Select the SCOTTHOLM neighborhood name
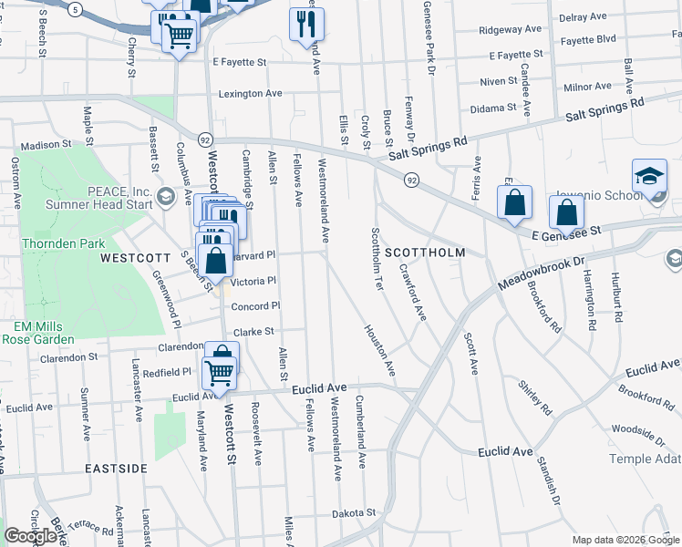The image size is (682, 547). pos(425,253)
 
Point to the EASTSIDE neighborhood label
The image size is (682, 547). pos(116,468)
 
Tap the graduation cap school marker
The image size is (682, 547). pos(650,177)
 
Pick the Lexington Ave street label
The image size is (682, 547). pos(250,94)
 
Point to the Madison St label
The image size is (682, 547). pos(46,144)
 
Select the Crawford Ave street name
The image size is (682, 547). pos(412,293)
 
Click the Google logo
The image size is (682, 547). pos(30,536)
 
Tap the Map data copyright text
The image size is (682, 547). pos(626,540)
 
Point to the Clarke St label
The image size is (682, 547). pos(254,332)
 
